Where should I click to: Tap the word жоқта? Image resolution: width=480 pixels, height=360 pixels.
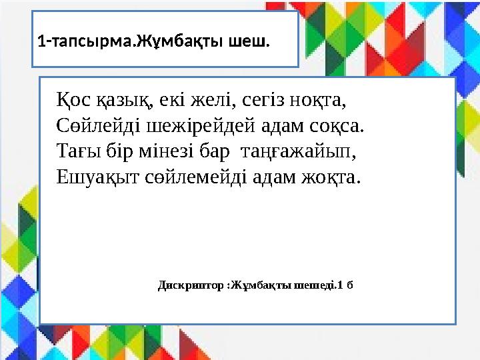pos(331,177)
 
